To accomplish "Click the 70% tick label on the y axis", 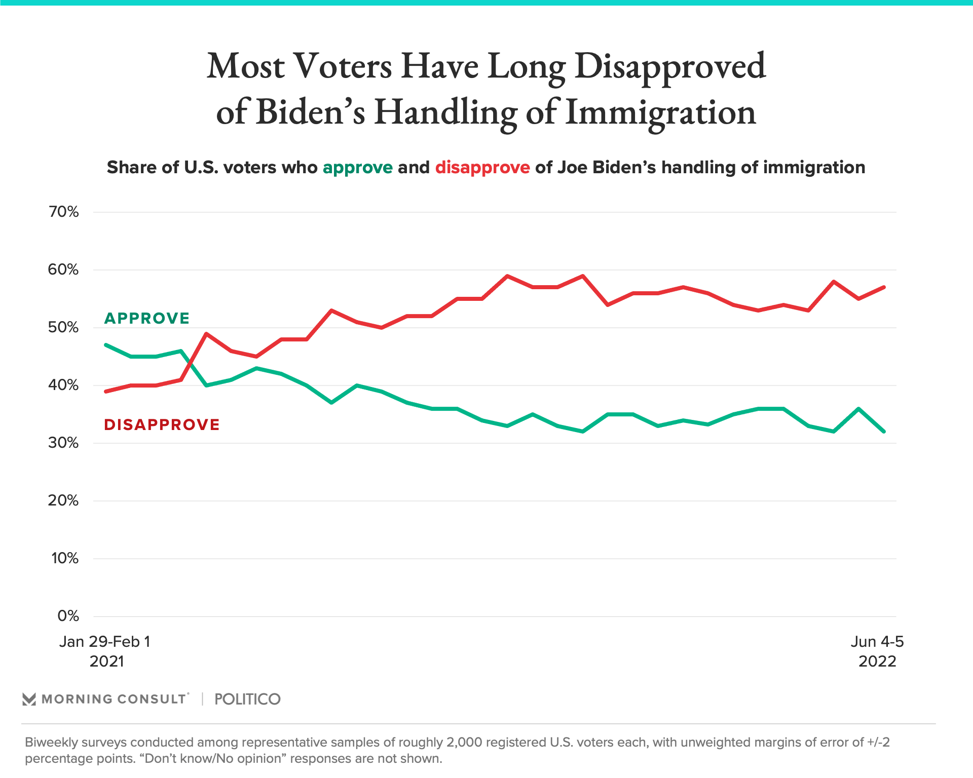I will coord(64,212).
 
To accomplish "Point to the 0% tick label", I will coord(68,616).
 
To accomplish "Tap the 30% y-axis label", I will coord(64,443).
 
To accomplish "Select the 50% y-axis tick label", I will coord(64,328).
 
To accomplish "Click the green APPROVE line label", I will coord(147,319).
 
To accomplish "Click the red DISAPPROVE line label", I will coord(162,425).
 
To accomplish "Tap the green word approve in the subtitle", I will coord(358,168).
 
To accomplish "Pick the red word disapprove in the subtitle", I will coord(482,168).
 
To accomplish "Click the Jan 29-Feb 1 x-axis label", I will coord(105,642).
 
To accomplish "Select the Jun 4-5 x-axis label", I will coord(877,642).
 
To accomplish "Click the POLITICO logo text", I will coord(247,699).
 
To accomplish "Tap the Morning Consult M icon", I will coord(29,699).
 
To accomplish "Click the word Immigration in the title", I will coord(660,112).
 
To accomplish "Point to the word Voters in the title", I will coord(343,66).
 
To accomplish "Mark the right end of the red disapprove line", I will coord(884,287).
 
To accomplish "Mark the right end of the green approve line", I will coord(884,432).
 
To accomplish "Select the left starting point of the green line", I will coord(105,345).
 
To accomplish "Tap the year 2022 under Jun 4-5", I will coord(877,662).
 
